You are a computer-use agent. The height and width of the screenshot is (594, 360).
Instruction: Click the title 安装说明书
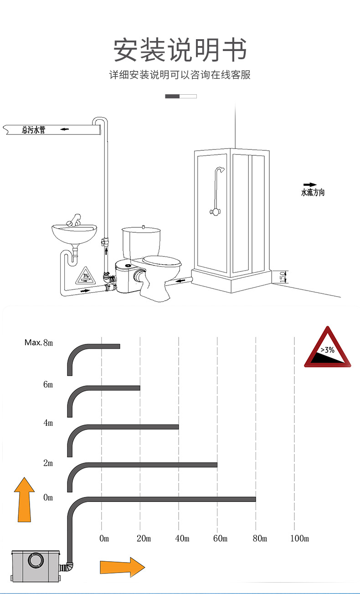180,50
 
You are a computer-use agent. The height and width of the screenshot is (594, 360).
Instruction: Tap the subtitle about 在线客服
180,75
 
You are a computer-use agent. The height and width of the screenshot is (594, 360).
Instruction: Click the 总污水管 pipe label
34,130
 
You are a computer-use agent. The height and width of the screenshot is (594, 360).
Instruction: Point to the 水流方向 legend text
313,193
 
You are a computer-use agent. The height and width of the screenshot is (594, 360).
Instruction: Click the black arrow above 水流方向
310,185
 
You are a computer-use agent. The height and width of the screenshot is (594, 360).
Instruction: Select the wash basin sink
74,233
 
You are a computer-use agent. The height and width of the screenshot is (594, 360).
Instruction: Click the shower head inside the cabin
221,171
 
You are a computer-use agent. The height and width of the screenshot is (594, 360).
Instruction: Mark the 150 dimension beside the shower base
282,276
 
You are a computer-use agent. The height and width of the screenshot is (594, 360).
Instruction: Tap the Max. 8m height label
39,343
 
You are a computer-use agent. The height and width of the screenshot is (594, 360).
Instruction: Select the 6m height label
48,384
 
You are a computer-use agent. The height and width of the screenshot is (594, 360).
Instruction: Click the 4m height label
48,423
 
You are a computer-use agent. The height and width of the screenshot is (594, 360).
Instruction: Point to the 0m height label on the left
48,497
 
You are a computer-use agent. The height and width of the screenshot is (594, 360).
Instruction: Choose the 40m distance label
182,539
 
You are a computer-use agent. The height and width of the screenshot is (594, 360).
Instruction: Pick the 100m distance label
299,539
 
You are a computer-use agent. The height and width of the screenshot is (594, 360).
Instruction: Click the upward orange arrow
24,499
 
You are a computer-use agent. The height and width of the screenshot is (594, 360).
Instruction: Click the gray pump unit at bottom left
36,564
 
